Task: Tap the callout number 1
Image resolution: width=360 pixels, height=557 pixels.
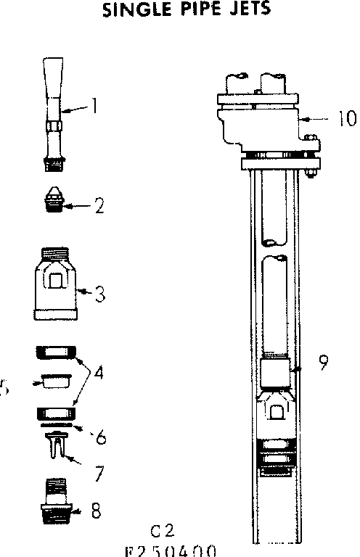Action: point(94,106)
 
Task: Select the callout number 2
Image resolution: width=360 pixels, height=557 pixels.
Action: point(99,206)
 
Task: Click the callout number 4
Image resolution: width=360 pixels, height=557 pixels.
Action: point(98,374)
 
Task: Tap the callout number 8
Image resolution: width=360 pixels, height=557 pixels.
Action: point(96,511)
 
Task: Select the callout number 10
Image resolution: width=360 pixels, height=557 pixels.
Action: point(338,117)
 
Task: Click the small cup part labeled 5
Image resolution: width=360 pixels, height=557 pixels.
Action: point(52,381)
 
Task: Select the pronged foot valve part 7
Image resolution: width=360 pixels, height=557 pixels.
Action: point(57,444)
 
